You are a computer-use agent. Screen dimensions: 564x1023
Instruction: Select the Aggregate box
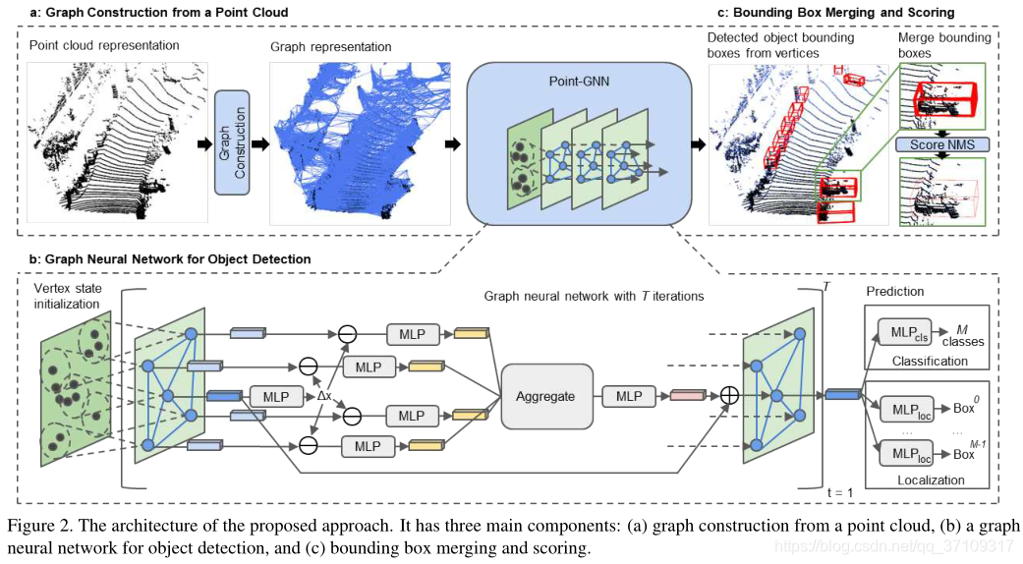pos(546,396)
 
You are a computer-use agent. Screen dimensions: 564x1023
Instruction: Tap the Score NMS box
pos(941,145)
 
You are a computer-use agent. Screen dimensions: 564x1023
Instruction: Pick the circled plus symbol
pos(728,396)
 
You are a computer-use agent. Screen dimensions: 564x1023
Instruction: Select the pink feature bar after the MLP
pos(688,396)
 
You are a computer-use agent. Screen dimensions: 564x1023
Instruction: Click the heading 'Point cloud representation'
pos(104,45)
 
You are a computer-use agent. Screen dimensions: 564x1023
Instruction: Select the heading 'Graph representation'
pos(330,46)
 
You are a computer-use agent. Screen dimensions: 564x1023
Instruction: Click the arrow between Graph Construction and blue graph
pos(260,142)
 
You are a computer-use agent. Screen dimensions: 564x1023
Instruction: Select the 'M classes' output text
pos(963,336)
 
